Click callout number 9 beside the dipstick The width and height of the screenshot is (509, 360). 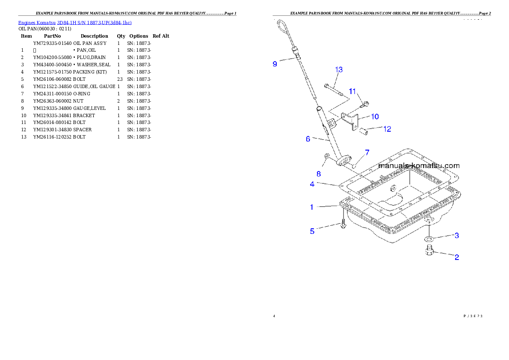point(275,64)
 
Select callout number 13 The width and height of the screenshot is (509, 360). point(339,69)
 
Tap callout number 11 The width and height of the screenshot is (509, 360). point(352,91)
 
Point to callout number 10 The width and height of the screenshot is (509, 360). point(375,116)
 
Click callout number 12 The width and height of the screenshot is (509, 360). point(387,129)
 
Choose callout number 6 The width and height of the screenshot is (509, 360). point(308,139)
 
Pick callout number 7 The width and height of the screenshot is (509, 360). point(367,152)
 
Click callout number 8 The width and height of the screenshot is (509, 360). point(319,174)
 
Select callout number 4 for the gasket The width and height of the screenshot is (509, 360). point(312,184)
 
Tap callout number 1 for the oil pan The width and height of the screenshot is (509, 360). point(312,207)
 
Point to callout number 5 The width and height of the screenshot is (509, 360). point(312,231)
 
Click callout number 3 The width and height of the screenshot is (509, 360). point(457,235)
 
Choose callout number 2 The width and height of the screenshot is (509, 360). point(457,257)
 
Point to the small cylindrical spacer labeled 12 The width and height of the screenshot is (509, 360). point(364,130)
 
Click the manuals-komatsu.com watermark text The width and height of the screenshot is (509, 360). point(419,166)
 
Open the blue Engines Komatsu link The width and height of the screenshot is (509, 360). point(75,22)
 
